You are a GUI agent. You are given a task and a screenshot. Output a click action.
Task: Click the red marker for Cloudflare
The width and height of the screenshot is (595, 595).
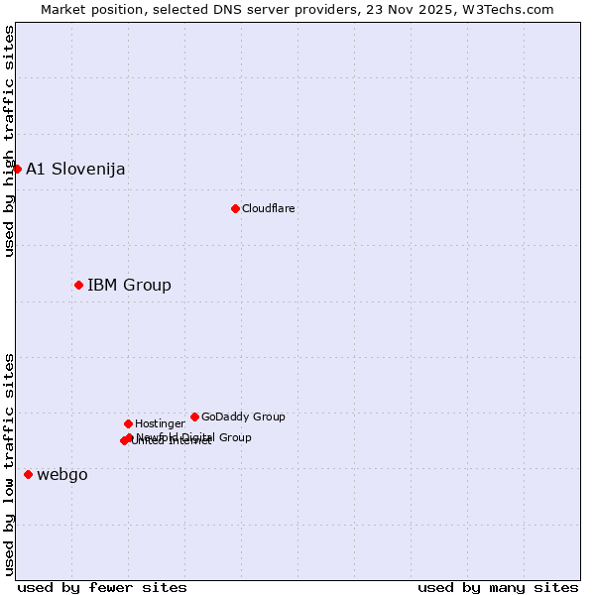pyautogui.click(x=235, y=208)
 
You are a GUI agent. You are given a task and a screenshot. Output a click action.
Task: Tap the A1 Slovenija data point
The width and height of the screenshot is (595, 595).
pyautogui.click(x=17, y=169)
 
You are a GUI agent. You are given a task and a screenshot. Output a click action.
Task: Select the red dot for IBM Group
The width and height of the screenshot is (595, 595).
pyautogui.click(x=78, y=285)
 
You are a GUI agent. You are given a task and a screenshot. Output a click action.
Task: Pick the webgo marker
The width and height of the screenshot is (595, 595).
pyautogui.click(x=28, y=474)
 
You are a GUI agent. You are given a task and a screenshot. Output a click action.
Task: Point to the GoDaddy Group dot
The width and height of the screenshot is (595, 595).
pyautogui.click(x=194, y=416)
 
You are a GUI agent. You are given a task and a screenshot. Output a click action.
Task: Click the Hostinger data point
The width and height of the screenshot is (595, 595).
pyautogui.click(x=128, y=423)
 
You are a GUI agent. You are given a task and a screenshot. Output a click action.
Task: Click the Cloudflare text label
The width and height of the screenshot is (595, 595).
pyautogui.click(x=269, y=208)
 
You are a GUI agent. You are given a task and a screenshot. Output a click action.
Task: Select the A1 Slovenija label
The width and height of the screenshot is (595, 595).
pyautogui.click(x=75, y=169)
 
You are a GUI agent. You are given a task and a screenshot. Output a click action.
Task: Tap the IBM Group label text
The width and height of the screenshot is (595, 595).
pyautogui.click(x=129, y=286)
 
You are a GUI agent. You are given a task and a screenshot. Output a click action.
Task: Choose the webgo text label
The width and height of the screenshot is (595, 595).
pyautogui.click(x=62, y=474)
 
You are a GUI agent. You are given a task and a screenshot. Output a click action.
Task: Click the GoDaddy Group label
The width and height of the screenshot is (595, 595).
pyautogui.click(x=243, y=416)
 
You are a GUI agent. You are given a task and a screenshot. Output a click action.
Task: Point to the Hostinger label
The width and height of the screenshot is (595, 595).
pyautogui.click(x=160, y=423)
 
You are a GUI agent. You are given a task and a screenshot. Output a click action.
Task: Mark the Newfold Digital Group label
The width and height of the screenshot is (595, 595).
pyautogui.click(x=194, y=436)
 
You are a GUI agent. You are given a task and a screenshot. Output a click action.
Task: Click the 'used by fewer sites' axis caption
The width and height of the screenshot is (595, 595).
pyautogui.click(x=102, y=587)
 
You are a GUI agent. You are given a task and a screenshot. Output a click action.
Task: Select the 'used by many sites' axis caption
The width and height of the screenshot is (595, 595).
pyautogui.click(x=498, y=587)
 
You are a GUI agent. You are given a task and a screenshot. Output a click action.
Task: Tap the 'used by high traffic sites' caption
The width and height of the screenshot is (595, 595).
pyautogui.click(x=9, y=141)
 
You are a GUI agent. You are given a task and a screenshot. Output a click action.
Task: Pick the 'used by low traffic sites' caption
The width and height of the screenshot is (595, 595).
pyautogui.click(x=9, y=463)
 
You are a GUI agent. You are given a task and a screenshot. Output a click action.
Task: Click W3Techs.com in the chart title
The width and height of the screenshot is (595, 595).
pyautogui.click(x=507, y=9)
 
